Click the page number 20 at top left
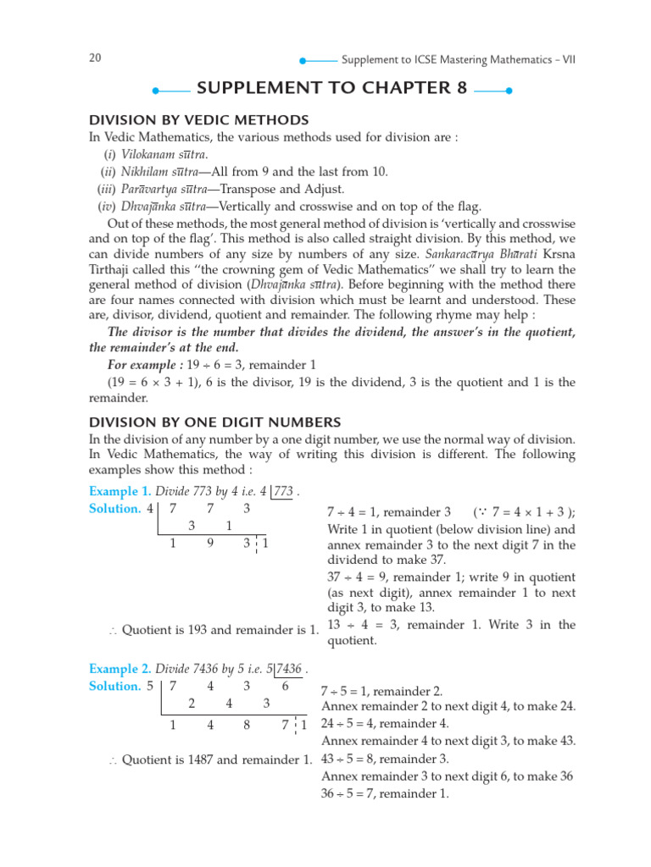click(95, 58)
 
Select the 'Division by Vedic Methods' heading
click(199, 120)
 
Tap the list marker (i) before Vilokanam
click(110, 154)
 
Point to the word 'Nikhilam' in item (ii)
click(146, 172)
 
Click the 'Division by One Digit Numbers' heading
click(215, 422)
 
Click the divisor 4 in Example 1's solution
click(151, 509)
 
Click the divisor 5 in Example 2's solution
click(151, 687)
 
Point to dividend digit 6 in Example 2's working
click(285, 687)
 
